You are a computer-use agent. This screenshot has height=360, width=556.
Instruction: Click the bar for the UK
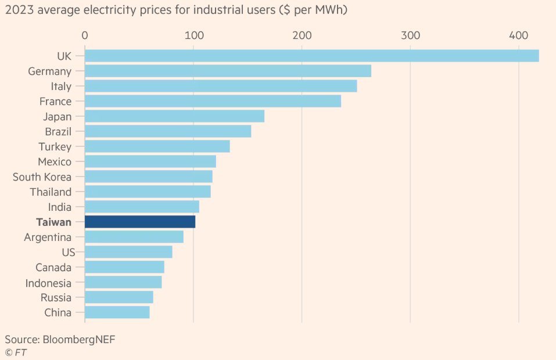tap(311, 56)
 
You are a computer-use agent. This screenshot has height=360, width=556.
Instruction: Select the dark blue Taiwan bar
tap(140, 222)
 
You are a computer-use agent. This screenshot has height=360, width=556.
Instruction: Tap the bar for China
tap(117, 312)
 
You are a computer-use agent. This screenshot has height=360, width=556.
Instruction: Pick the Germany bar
tap(228, 71)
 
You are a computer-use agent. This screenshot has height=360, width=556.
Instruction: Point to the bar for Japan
tap(174, 116)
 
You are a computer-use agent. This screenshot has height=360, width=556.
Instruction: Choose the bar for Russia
tap(119, 297)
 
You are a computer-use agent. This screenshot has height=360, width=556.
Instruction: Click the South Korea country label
tap(42, 177)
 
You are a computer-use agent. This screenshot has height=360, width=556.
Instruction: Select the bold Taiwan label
tap(53, 222)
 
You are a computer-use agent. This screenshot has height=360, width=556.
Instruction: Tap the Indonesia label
tap(48, 283)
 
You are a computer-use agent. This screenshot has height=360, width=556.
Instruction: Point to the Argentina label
tap(48, 237)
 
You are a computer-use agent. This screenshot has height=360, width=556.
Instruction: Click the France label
tap(55, 102)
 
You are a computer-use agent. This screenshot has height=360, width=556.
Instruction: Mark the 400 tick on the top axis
tap(518, 35)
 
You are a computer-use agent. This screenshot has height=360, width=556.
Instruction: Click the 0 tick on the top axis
tap(85, 35)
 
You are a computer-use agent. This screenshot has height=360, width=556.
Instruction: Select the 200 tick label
tap(302, 35)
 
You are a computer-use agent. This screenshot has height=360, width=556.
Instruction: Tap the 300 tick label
tap(410, 35)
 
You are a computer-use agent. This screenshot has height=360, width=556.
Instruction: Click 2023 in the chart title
tap(19, 10)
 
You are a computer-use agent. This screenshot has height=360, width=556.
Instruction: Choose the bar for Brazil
tap(168, 131)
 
